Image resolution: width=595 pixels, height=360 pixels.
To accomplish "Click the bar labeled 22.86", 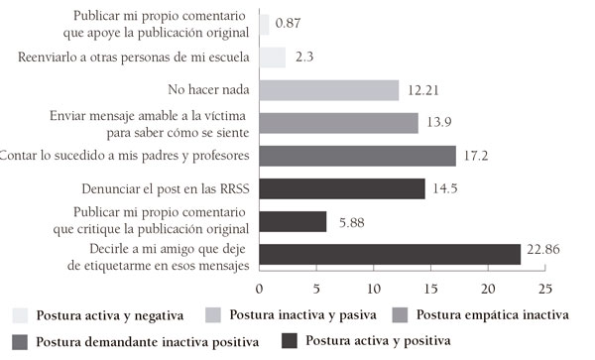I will pyautogui.click(x=389, y=254).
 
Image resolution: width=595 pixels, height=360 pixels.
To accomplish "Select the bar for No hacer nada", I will pyautogui.click(x=328, y=90).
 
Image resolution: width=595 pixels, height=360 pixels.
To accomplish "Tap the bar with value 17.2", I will pyautogui.click(x=357, y=156).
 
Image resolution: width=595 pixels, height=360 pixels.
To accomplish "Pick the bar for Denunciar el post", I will pyautogui.click(x=341, y=188).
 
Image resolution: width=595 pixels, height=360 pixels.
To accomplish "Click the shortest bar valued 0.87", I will pyautogui.click(x=264, y=25).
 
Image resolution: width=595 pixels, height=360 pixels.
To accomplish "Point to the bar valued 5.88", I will pyautogui.click(x=293, y=221).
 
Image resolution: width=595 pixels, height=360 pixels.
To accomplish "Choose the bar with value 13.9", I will pyautogui.click(x=338, y=123).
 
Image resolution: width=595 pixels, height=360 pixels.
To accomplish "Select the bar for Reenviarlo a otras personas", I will pyautogui.click(x=272, y=58).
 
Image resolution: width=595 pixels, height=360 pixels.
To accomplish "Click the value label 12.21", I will pyautogui.click(x=421, y=90).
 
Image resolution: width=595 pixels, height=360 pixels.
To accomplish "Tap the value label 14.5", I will pyautogui.click(x=444, y=188).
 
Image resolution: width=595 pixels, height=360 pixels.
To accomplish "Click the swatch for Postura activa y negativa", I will pyautogui.click(x=20, y=316).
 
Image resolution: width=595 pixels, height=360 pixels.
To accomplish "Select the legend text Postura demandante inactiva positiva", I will pyautogui.click(x=148, y=343).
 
